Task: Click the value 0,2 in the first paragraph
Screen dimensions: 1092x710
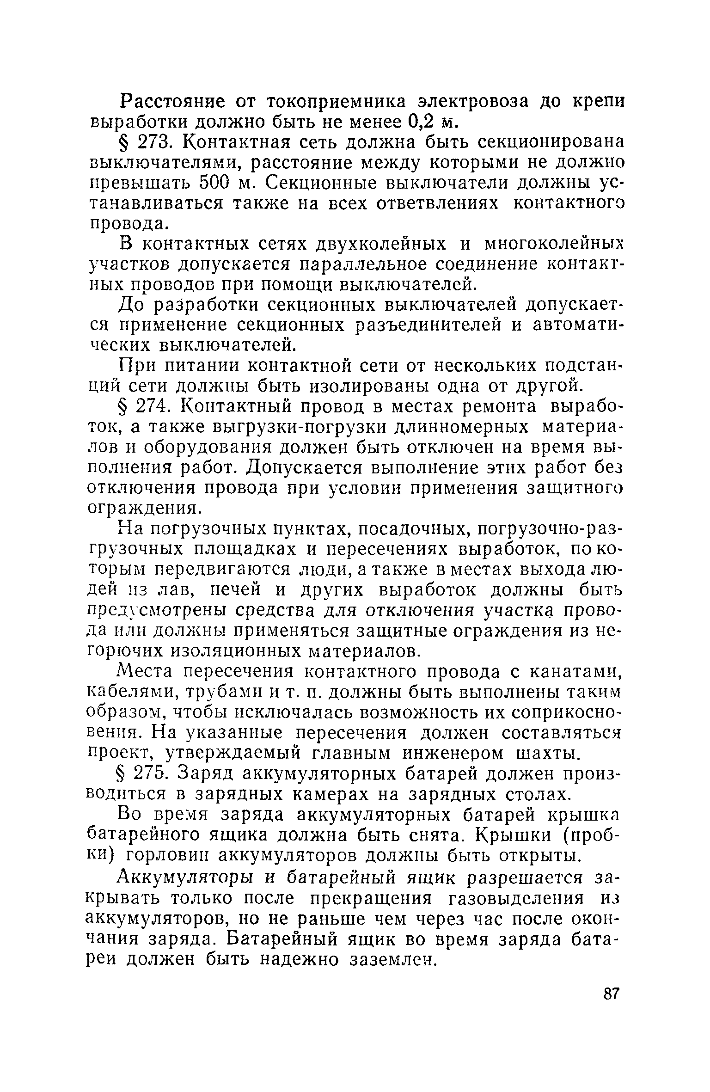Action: point(425,121)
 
